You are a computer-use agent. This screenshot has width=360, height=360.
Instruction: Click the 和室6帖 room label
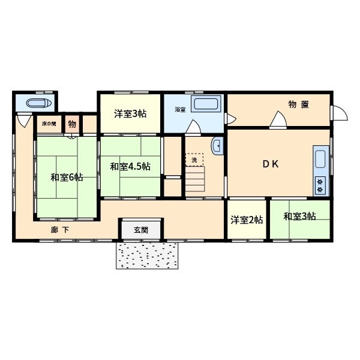(x=67, y=177)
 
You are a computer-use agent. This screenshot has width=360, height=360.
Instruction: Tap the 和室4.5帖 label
(x=130, y=166)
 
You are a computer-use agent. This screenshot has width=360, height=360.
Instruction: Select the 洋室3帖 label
(x=130, y=113)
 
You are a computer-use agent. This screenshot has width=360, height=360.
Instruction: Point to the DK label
(x=271, y=164)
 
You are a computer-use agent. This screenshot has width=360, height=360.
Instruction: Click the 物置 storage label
(x=298, y=104)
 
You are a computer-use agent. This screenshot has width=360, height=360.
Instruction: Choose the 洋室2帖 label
(x=247, y=220)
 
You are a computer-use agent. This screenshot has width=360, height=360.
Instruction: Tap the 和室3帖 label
(x=299, y=216)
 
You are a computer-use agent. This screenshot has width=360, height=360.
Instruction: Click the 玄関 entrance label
(x=141, y=230)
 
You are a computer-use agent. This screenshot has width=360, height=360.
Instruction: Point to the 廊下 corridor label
(x=59, y=230)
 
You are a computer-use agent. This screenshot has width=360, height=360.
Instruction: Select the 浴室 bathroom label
(x=180, y=110)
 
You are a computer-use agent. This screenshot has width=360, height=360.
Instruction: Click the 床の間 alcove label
(x=49, y=124)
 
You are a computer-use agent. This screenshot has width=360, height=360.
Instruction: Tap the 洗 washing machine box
(x=194, y=160)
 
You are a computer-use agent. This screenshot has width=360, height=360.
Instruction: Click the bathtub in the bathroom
(x=206, y=104)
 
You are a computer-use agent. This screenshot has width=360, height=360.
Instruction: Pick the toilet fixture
(x=39, y=103)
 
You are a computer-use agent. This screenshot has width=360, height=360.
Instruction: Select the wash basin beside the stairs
(x=217, y=146)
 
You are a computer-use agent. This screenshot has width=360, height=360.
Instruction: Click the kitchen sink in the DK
(x=320, y=159)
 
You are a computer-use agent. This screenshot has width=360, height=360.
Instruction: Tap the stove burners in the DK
(x=320, y=186)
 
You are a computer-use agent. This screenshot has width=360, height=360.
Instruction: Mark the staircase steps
(x=195, y=179)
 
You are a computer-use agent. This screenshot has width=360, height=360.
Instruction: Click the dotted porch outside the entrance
(x=147, y=256)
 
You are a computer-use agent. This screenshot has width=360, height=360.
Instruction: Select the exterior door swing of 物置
(x=340, y=113)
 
